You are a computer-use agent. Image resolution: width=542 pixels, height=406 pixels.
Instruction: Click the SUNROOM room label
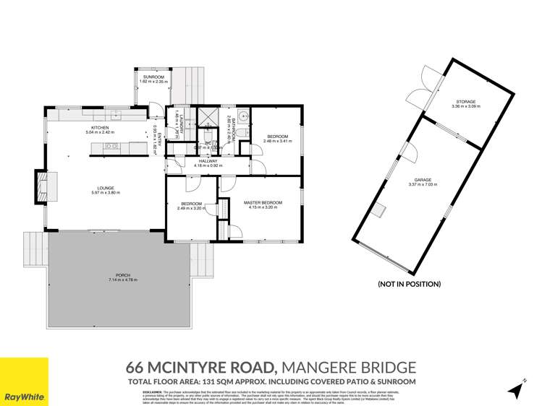click(153, 77)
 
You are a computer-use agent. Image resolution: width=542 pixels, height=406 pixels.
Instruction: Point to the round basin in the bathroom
click(244, 116)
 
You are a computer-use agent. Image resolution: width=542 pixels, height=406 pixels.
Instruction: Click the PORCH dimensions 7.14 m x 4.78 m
click(122, 280)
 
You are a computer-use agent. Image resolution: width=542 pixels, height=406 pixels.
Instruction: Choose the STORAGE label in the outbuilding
click(466, 102)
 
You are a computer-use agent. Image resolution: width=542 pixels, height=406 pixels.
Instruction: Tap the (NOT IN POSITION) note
click(410, 284)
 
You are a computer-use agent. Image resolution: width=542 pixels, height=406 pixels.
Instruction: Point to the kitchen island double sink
click(111, 146)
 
